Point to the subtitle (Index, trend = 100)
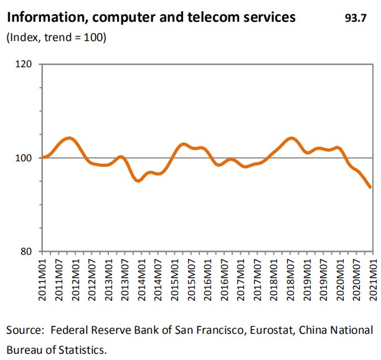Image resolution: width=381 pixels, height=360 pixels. pyautogui.click(x=56, y=38)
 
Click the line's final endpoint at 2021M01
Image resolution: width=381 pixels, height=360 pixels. pyautogui.click(x=371, y=187)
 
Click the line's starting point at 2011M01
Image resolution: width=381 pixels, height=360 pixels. pyautogui.click(x=42, y=158)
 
